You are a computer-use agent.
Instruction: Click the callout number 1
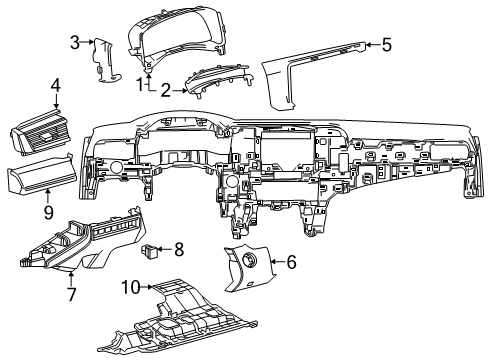[x=142, y=84]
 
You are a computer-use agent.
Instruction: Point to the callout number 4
[x=57, y=86]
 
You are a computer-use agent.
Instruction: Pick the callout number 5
[x=386, y=44]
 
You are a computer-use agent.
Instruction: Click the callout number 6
[x=291, y=262]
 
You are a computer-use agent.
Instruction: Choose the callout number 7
[x=71, y=295]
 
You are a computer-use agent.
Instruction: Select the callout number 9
[x=47, y=211]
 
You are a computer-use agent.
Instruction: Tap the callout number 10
[x=130, y=288]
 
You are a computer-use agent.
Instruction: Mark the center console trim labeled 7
[x=85, y=245]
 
